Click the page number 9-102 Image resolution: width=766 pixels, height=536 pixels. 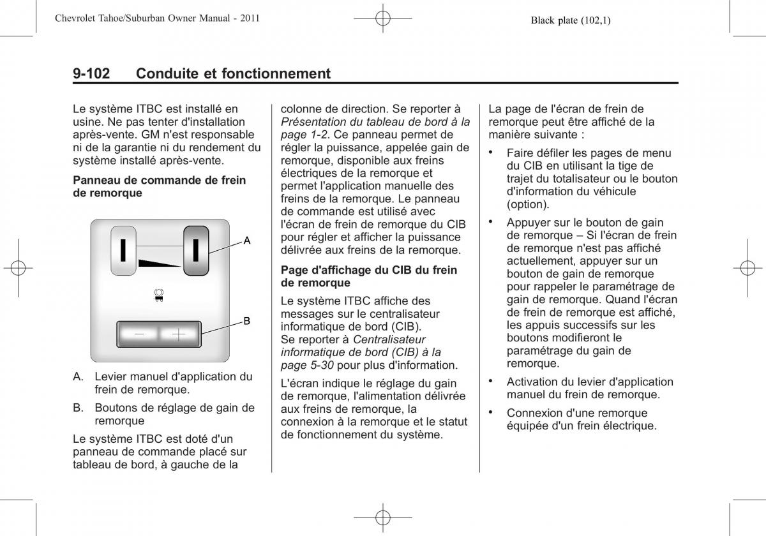click(x=91, y=73)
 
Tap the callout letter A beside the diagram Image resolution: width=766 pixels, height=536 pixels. click(x=247, y=241)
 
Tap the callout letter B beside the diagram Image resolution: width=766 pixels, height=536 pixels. click(x=246, y=321)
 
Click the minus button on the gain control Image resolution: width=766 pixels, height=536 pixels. click(x=139, y=334)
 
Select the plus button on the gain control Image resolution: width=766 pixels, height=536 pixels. click(x=179, y=334)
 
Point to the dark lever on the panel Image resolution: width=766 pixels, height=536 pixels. click(x=196, y=251)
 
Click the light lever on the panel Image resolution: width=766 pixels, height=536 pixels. click(x=123, y=251)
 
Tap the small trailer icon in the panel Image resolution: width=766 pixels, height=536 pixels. click(x=159, y=295)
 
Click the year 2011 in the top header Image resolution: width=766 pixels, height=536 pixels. click(x=250, y=18)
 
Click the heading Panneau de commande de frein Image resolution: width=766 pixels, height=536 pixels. click(x=160, y=180)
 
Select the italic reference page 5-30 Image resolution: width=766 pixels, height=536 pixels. click(x=307, y=366)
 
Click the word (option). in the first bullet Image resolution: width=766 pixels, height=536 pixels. click(x=528, y=204)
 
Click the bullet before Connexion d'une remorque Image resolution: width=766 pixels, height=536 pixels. click(x=491, y=412)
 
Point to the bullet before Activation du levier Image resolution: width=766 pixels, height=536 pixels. click(x=491, y=381)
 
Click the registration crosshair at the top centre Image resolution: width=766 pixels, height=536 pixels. click(x=382, y=18)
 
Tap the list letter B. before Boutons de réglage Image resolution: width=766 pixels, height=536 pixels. click(x=79, y=408)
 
